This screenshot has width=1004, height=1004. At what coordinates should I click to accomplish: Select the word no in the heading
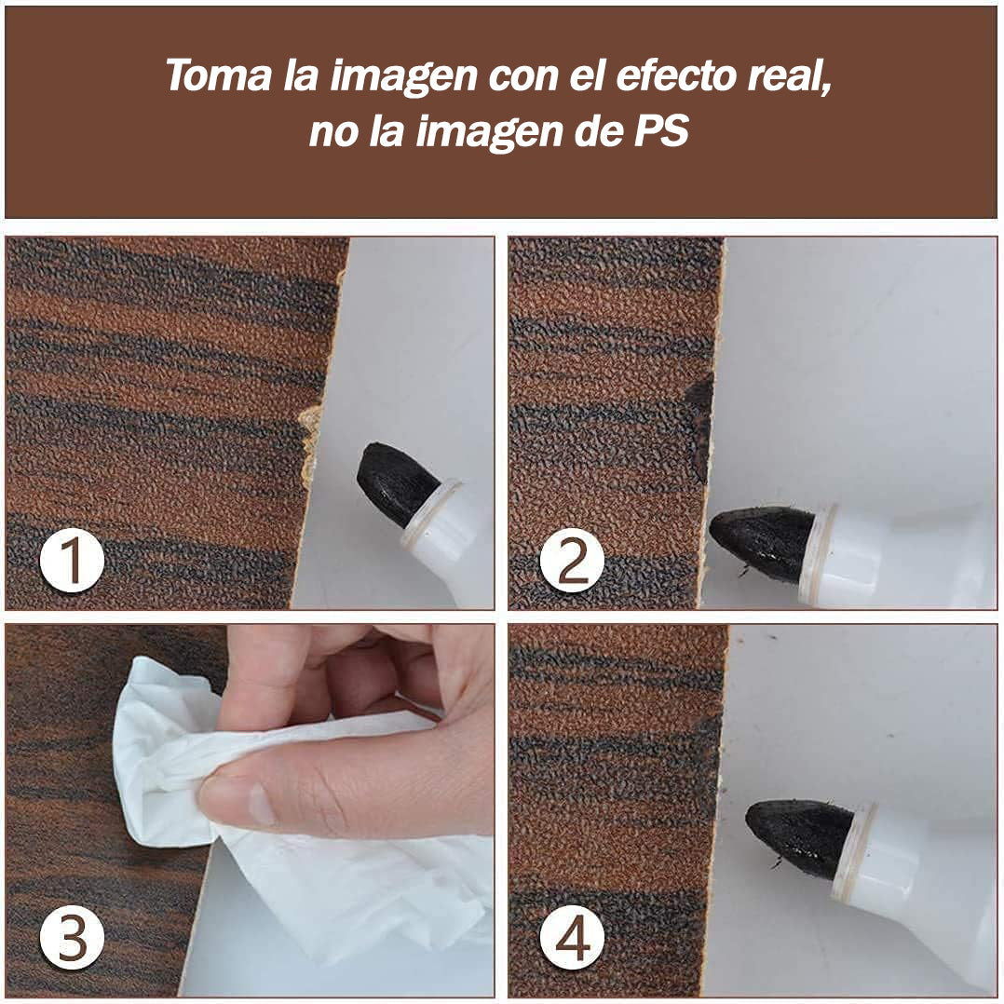[332, 132]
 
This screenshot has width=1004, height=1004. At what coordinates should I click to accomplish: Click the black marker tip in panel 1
[395, 482]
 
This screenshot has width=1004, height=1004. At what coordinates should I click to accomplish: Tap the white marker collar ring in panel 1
[430, 513]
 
